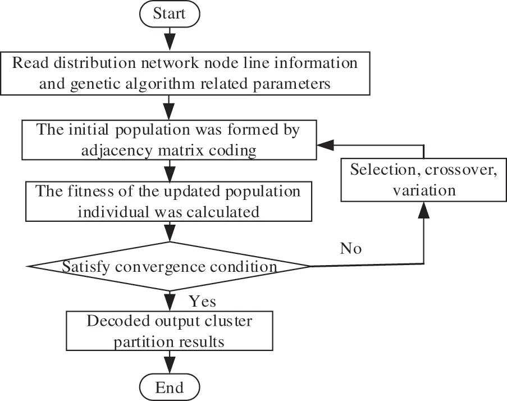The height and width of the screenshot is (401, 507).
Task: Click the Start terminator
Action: pos(169,13)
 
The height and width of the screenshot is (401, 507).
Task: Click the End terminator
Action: pos(169,387)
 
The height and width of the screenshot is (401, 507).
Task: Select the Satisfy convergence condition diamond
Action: pos(169,267)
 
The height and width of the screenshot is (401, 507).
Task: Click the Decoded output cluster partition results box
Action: pos(169,331)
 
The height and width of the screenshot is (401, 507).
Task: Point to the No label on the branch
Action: pos(351,248)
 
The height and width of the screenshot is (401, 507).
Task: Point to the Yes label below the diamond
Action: pos(202,302)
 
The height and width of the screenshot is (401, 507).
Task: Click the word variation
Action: pos(423,190)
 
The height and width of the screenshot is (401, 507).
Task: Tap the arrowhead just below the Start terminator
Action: pos(169,41)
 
